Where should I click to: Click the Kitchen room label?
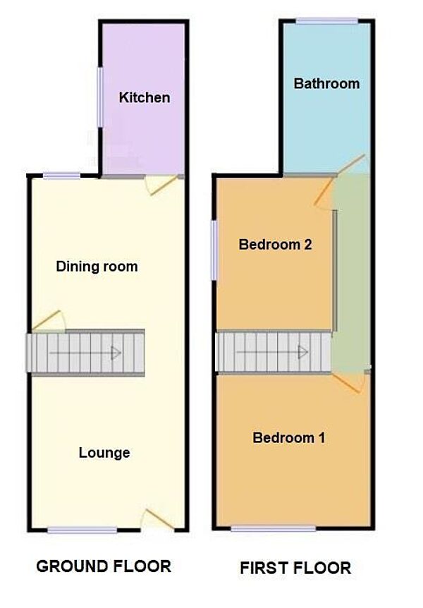tap(145, 97)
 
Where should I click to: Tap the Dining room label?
tap(97, 267)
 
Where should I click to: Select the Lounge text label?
tap(104, 452)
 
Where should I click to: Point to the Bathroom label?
tap(326, 83)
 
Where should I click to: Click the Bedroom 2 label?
tap(275, 245)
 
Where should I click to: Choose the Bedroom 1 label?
tap(289, 437)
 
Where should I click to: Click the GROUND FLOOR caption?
tap(103, 566)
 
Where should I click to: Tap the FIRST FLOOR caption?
tap(295, 567)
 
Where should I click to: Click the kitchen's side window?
tap(99, 97)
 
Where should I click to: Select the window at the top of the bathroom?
tap(326, 21)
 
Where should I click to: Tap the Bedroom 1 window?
tap(274, 528)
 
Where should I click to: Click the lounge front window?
tap(82, 529)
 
